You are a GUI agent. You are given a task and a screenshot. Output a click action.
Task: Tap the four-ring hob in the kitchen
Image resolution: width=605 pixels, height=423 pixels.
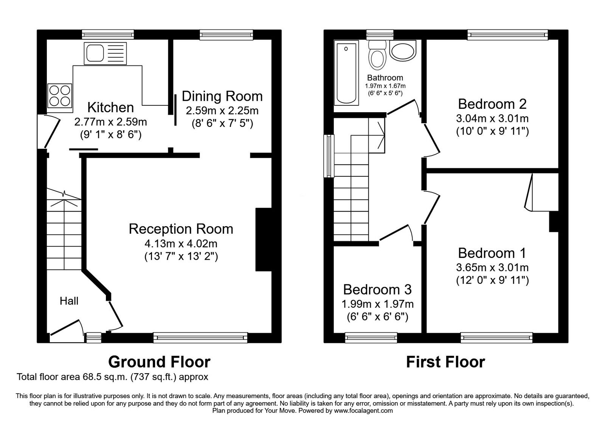click(x=60, y=96)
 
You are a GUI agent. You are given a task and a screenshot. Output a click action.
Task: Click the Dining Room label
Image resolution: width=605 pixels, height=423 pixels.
click(x=222, y=96)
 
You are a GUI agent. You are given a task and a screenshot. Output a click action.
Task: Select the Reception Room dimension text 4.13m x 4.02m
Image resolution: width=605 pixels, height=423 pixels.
click(x=181, y=244)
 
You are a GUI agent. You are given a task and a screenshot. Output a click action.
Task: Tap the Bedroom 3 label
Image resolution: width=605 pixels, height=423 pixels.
click(x=377, y=290)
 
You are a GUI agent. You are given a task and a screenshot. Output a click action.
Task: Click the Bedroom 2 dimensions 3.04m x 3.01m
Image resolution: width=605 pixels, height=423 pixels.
click(x=492, y=119)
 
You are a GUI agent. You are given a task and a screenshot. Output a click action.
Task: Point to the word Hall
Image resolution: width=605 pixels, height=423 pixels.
click(x=69, y=301)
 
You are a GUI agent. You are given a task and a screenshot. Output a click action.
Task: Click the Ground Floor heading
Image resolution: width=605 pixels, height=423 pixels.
click(x=159, y=362)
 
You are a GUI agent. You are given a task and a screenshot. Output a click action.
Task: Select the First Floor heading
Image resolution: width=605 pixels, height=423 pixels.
click(x=445, y=362)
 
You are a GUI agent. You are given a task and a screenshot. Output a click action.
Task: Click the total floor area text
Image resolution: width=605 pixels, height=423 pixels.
click(x=112, y=377)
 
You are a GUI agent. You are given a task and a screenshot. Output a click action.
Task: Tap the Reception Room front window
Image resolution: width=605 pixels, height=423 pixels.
click(x=200, y=338)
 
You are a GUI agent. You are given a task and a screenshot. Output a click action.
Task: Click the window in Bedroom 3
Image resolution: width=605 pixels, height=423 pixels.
click(x=371, y=338)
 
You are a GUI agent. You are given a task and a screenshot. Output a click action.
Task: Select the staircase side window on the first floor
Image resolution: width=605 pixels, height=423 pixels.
click(x=329, y=156)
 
